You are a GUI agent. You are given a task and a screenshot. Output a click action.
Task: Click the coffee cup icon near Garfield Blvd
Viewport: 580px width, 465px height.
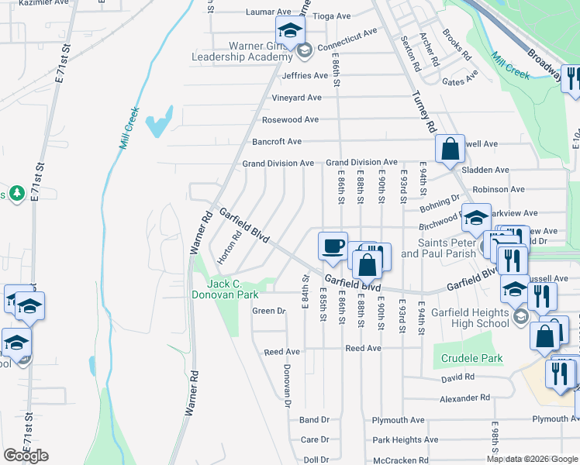[333, 245]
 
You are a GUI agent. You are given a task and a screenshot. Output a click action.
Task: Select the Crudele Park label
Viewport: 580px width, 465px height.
[471, 359]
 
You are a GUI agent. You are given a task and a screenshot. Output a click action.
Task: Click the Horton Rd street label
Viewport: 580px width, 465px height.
[227, 246]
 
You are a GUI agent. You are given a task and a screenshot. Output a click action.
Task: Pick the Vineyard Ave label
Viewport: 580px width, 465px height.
[296, 98]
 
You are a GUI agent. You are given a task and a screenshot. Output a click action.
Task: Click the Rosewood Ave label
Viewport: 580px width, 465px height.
[290, 120]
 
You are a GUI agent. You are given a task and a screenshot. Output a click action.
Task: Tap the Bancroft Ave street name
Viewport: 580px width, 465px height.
[277, 142]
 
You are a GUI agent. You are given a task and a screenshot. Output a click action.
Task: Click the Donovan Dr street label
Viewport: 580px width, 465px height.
[287, 386]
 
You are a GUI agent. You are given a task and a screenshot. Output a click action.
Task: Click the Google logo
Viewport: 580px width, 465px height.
[26, 456]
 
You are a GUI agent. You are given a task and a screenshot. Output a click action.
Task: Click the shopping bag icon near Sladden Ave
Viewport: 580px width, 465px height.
[449, 148]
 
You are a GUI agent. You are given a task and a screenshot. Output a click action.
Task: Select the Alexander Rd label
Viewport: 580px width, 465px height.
[465, 398]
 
